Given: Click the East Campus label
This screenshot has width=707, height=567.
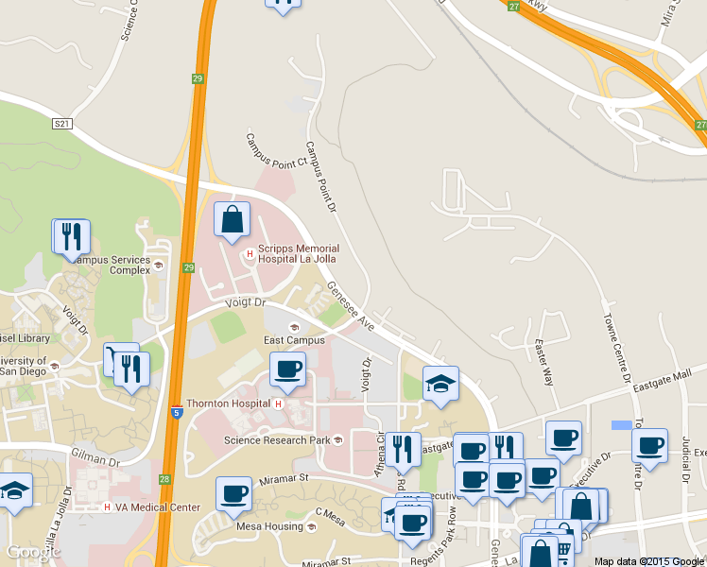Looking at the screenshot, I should point(287,340).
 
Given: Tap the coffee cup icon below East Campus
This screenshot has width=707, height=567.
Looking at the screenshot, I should point(288,369).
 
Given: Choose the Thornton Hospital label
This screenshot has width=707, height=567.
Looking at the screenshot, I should point(229,404).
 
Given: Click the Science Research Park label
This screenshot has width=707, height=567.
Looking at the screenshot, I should point(277,440).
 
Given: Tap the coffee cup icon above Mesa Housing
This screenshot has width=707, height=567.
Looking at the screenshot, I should point(233,493).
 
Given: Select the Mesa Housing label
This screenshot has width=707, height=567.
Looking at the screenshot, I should point(268,527).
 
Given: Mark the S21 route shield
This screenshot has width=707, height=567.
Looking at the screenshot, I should point(63,124).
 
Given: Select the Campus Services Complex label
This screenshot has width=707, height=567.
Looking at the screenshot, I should point(110,265).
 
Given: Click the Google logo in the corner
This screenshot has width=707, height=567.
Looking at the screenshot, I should point(33,552).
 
